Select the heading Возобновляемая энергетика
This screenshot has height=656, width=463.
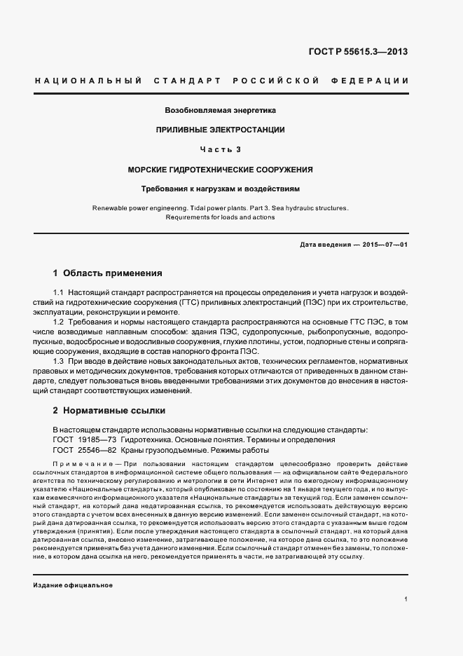coord(221,110)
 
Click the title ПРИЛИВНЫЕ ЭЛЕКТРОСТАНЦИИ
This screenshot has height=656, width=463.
coord(221,130)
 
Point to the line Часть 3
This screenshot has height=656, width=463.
coord(221,149)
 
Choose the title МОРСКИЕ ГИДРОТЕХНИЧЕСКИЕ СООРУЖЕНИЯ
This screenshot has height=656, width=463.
coord(221,170)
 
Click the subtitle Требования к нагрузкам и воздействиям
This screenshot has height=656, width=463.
coord(221,189)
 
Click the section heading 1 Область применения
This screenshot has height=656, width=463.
coord(108,273)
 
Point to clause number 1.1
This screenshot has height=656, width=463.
coord(60,292)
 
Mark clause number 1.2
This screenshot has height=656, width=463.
coord(60,321)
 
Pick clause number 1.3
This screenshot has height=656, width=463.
coord(60,360)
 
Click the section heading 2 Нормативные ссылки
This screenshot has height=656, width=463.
coord(109,410)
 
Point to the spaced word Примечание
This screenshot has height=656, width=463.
coord(81,465)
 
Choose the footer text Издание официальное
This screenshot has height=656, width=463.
coord(73,584)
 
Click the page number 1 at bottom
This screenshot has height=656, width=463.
coord(406,599)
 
